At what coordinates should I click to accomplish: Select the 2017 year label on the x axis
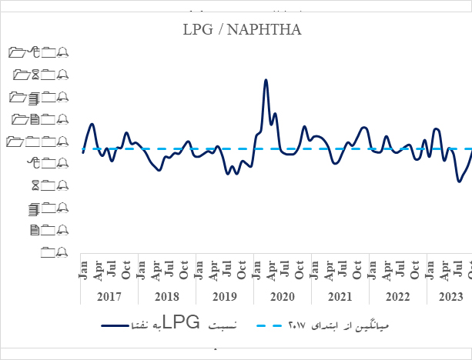(x=110, y=296)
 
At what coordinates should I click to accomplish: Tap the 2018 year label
(x=167, y=296)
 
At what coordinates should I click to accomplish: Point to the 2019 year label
(x=225, y=296)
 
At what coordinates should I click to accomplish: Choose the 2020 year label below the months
(x=283, y=296)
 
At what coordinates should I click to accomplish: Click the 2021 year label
(x=340, y=296)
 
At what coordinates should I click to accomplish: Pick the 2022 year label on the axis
(x=397, y=296)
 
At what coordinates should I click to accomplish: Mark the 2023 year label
(x=451, y=296)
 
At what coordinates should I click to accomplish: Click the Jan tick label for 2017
(x=83, y=270)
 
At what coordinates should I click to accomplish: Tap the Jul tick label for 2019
(x=227, y=270)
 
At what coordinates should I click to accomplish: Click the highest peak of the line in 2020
(x=266, y=80)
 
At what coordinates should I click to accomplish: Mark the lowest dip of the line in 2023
(x=459, y=182)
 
